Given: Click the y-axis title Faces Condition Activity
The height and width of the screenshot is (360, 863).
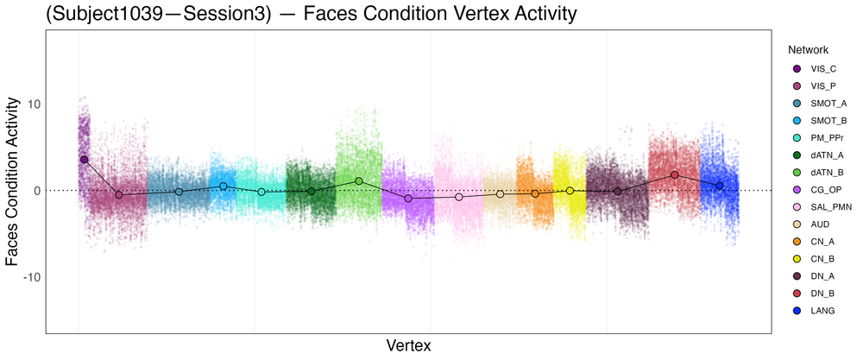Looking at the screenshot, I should (14, 181).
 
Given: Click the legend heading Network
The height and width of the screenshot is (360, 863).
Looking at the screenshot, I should (803, 50).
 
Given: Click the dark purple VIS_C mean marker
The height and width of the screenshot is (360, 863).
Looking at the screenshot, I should (84, 160).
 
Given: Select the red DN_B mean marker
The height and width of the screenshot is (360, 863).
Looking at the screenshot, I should (675, 174).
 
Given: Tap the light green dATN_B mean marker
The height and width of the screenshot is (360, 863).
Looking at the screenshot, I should (359, 181).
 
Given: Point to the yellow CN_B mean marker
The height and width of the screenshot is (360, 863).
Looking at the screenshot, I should (570, 191).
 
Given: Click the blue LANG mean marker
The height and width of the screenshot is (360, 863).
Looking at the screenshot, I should (720, 186).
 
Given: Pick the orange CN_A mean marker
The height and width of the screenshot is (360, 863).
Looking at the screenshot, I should (536, 193).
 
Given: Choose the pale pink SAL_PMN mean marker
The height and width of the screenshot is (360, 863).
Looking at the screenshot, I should (459, 198).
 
